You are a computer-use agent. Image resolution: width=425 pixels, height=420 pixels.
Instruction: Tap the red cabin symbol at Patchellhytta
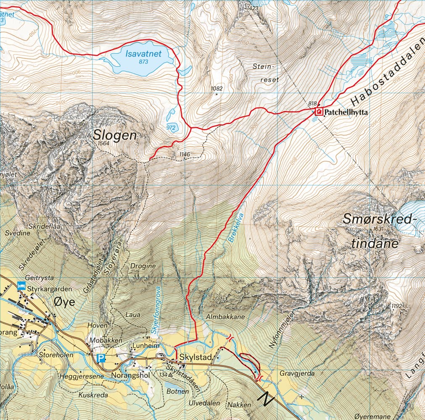[319, 112]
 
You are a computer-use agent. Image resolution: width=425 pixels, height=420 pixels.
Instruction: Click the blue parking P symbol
[100, 358]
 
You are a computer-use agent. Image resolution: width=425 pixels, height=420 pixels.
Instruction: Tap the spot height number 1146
[185, 155]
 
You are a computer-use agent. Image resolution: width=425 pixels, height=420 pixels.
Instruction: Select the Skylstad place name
[194, 357]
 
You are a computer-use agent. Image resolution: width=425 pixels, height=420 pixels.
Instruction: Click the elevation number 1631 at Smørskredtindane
[379, 229]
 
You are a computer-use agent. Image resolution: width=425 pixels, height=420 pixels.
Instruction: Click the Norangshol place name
[130, 375]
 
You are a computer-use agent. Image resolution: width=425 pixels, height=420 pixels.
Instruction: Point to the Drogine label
[143, 266]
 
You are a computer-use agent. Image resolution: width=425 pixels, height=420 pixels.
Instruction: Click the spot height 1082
[217, 89]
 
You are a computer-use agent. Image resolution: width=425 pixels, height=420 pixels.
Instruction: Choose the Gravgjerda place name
[297, 373]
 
